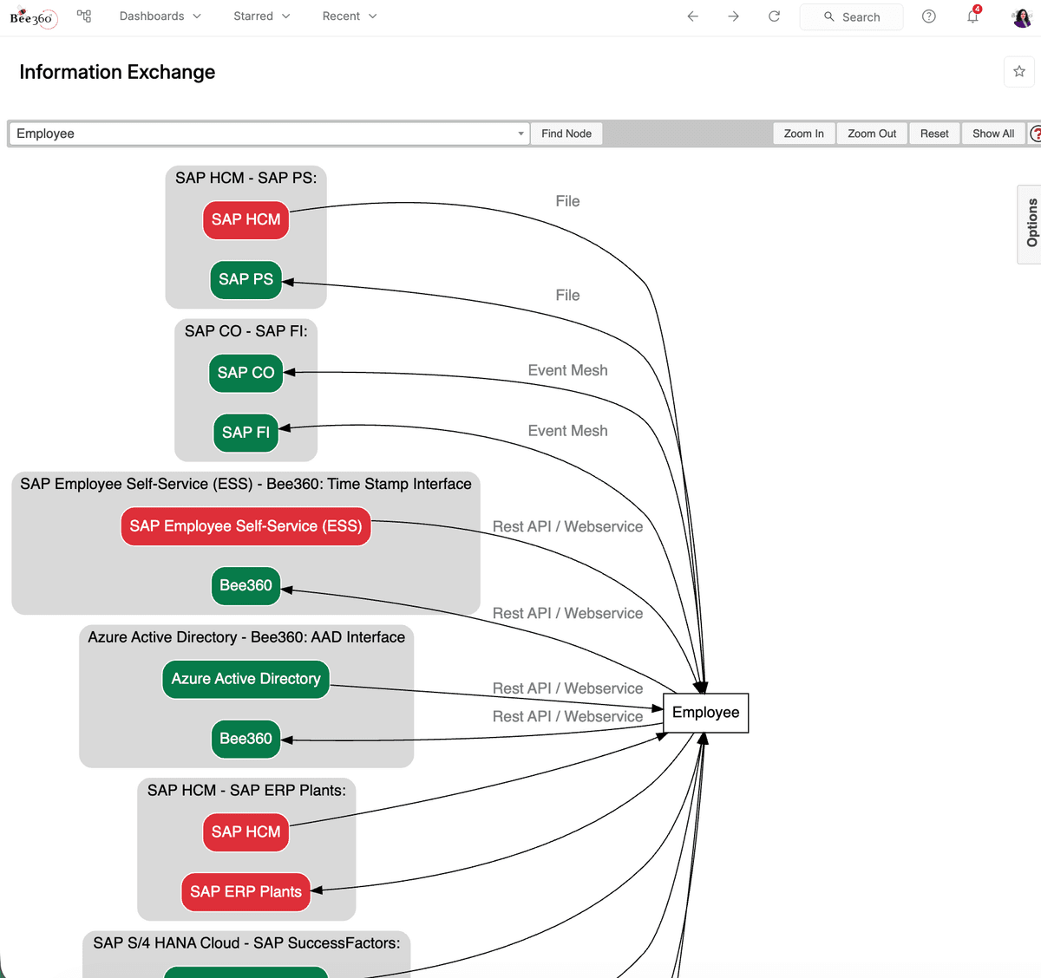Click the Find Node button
(x=566, y=134)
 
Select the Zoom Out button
(x=872, y=134)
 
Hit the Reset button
(x=934, y=134)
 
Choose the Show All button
(x=992, y=134)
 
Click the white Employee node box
(x=705, y=713)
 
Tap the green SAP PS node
(x=246, y=279)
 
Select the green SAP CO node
(x=246, y=373)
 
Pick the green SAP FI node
(x=246, y=433)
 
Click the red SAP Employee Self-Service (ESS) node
(x=246, y=526)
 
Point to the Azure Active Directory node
(x=246, y=679)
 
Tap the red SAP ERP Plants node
(x=246, y=891)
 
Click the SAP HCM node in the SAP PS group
(x=246, y=219)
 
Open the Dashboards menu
(x=160, y=16)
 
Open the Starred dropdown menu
(x=262, y=16)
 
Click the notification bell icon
(x=972, y=16)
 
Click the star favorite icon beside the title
(x=1019, y=71)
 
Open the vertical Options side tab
(x=1031, y=224)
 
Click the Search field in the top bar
(x=851, y=16)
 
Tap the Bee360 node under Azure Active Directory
(x=246, y=739)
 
